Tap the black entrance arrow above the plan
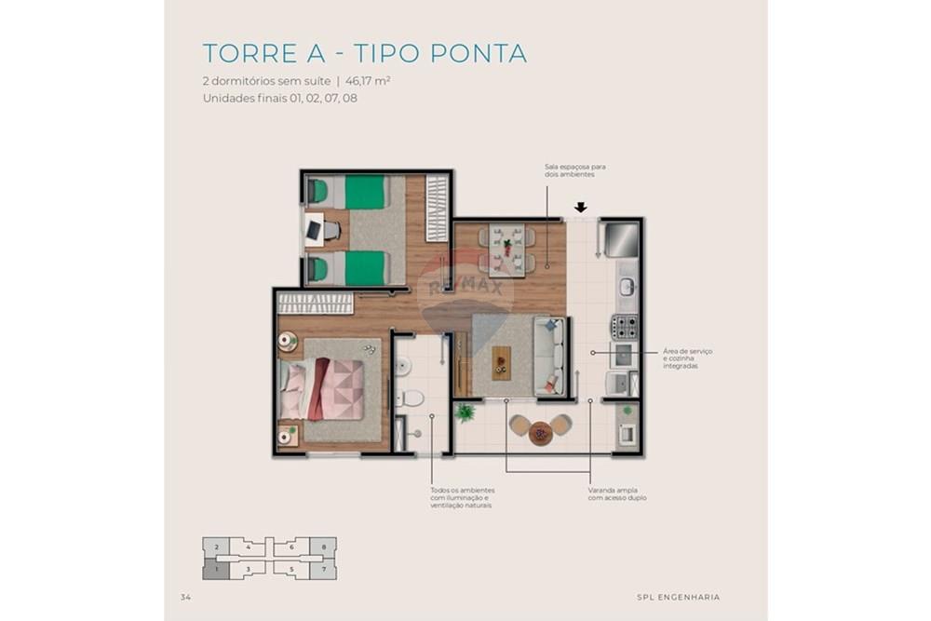(x=581, y=208)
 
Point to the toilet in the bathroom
(x=410, y=398)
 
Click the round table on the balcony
(x=540, y=432)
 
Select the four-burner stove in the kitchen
(x=624, y=327)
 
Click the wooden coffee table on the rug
(x=502, y=362)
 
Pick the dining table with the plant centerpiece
(x=507, y=249)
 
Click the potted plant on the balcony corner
(x=465, y=411)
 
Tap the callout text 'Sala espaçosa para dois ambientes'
(x=569, y=170)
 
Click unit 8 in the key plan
(x=323, y=547)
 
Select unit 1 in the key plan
(x=216, y=568)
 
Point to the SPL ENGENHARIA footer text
(x=678, y=597)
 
